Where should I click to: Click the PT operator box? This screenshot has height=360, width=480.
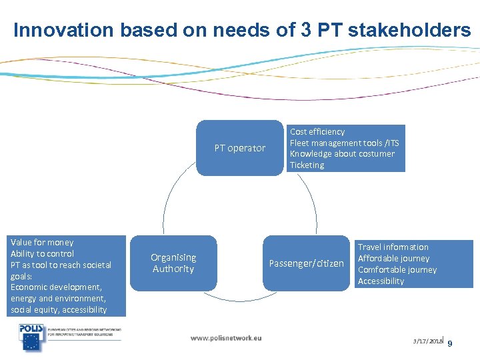tap(239, 148)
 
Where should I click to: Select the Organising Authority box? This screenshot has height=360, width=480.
tap(173, 263)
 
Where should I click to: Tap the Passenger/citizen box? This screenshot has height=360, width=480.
tap(306, 263)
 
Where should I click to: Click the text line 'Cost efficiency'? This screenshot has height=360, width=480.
tap(317, 132)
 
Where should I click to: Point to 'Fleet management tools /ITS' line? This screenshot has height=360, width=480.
tap(344, 143)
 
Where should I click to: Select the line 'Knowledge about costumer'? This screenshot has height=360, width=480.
tap(341, 154)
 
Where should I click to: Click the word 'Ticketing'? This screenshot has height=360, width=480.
tap(307, 165)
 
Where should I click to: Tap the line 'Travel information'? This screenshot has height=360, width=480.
tap(393, 247)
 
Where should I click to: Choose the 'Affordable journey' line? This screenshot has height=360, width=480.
tap(393, 259)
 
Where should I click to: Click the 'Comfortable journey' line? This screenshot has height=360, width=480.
tap(397, 270)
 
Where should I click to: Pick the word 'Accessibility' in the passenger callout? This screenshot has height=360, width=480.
tap(381, 281)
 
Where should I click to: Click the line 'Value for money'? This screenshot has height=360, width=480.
tap(42, 243)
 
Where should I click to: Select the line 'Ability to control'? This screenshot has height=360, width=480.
tap(42, 254)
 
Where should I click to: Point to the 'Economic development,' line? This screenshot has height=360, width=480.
tap(56, 287)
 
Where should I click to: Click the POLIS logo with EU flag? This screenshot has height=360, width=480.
tap(32, 338)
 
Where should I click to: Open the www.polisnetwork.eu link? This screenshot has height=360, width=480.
tap(226, 338)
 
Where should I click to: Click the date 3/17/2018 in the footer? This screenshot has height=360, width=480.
tap(427, 341)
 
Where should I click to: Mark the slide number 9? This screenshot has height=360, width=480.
tap(450, 343)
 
